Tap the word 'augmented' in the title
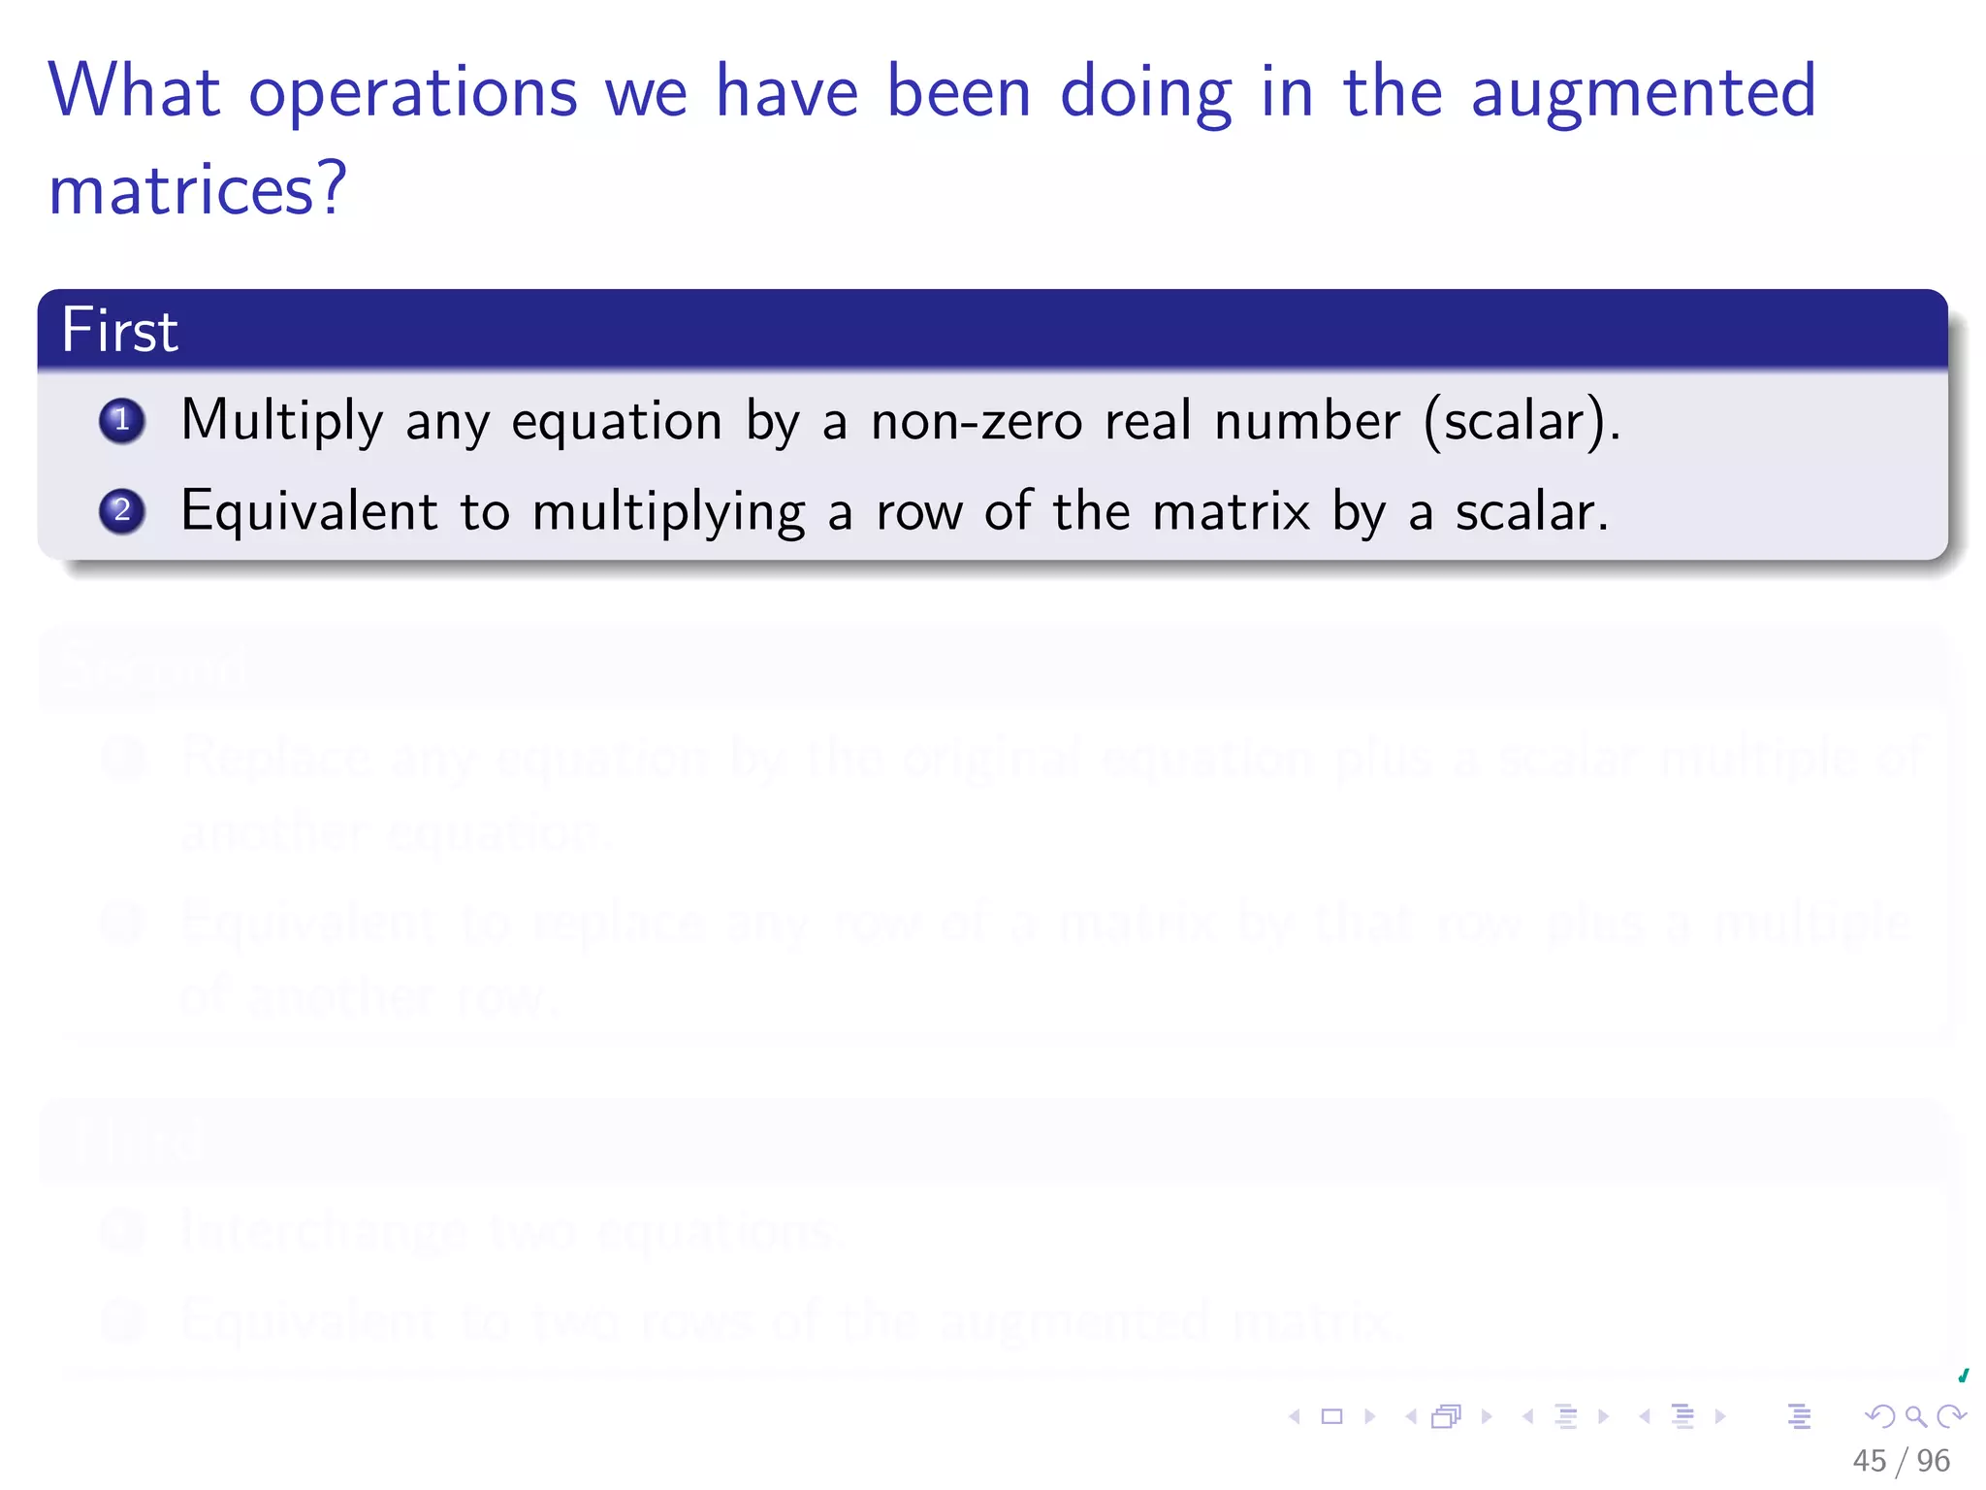point(1643,92)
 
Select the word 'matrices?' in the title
point(198,189)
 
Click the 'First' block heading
point(120,330)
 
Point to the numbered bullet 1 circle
point(122,421)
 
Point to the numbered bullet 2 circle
point(122,511)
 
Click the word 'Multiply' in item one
point(282,422)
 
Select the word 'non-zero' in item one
point(976,422)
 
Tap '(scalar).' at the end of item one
point(1521,422)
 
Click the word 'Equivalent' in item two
point(309,511)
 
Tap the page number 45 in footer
point(1869,1460)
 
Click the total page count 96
point(1933,1460)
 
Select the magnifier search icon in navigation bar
point(1915,1416)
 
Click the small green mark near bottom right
point(1963,1376)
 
